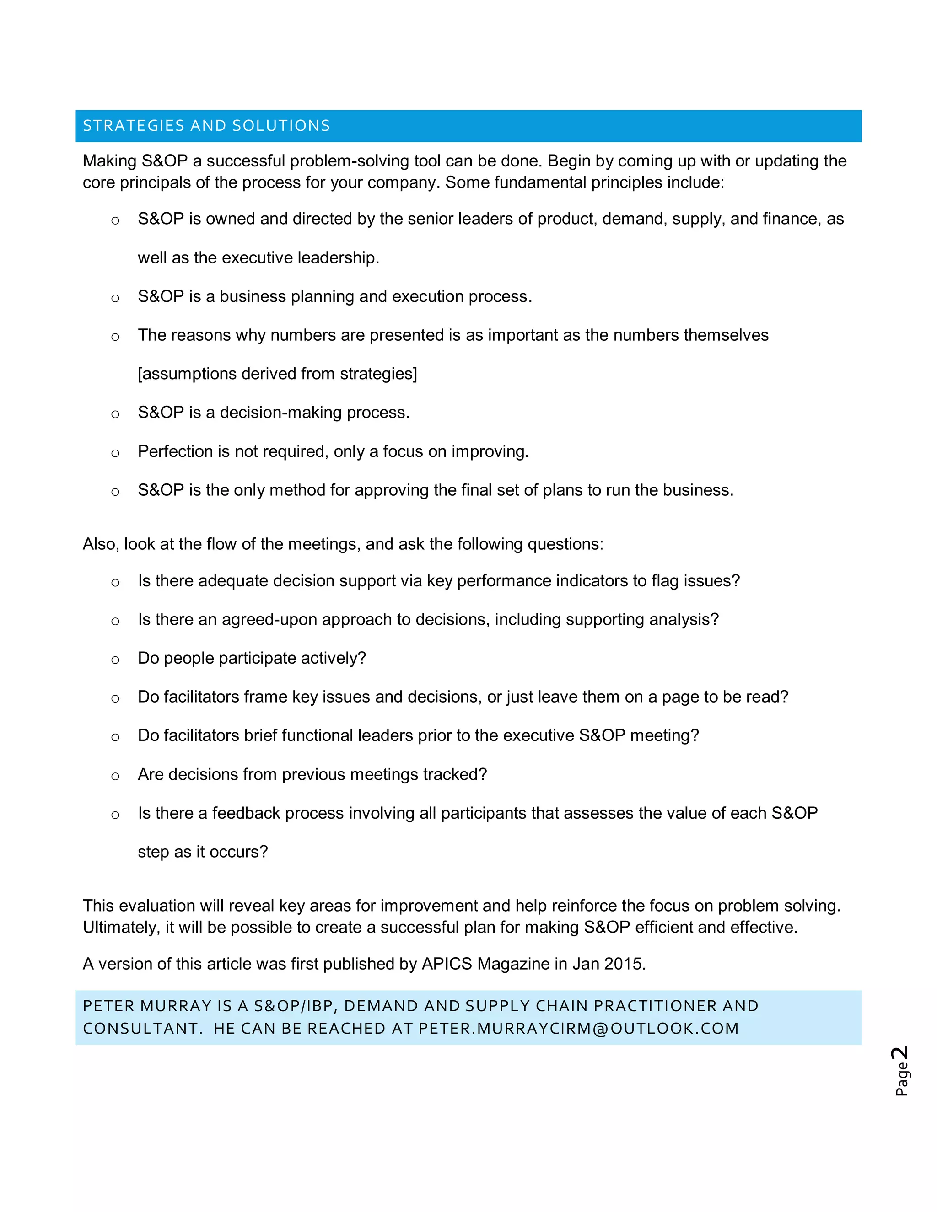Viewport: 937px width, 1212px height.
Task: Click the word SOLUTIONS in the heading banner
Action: pos(281,126)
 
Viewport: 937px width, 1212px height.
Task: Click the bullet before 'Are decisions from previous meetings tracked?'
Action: pos(115,776)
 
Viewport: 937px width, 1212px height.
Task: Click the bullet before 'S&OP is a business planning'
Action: pos(115,298)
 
